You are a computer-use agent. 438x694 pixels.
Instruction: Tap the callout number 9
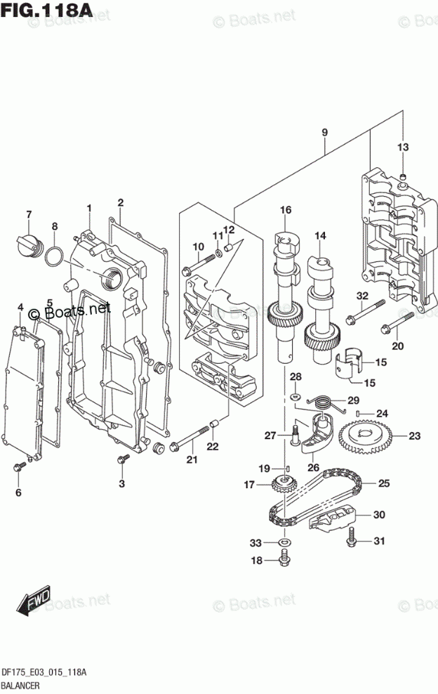pyautogui.click(x=325, y=133)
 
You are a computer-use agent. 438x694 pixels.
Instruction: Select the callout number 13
pyautogui.click(x=402, y=148)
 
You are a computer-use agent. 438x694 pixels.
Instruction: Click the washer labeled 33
pyautogui.click(x=284, y=543)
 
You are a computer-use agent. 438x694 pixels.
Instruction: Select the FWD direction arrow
pyautogui.click(x=34, y=599)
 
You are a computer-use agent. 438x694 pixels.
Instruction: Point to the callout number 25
pyautogui.click(x=384, y=483)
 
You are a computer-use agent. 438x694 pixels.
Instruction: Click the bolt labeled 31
pyautogui.click(x=351, y=538)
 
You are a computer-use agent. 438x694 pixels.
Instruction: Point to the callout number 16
pyautogui.click(x=285, y=210)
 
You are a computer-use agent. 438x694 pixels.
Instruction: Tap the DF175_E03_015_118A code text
pyautogui.click(x=44, y=672)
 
